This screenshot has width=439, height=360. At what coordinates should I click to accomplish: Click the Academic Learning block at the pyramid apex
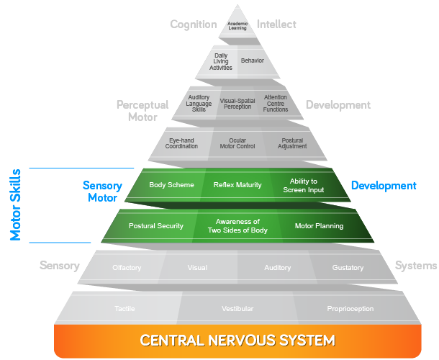237,25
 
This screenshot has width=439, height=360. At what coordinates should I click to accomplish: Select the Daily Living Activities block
222,61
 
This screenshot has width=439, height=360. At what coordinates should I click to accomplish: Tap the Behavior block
252,61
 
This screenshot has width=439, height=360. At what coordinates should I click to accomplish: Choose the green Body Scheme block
171,185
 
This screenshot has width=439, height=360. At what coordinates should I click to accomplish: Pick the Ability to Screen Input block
303,186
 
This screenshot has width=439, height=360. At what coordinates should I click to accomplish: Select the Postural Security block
155,226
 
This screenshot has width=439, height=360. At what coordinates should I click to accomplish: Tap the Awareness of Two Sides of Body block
237,226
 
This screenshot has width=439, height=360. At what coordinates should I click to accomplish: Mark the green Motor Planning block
319,226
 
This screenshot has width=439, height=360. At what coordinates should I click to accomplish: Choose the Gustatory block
348,268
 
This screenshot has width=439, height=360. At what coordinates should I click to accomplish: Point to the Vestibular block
237,309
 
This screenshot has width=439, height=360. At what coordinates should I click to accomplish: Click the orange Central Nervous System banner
237,340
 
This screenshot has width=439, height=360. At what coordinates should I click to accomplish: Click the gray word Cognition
193,24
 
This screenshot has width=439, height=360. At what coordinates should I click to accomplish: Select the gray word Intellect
276,24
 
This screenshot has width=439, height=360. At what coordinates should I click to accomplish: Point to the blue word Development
383,186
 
